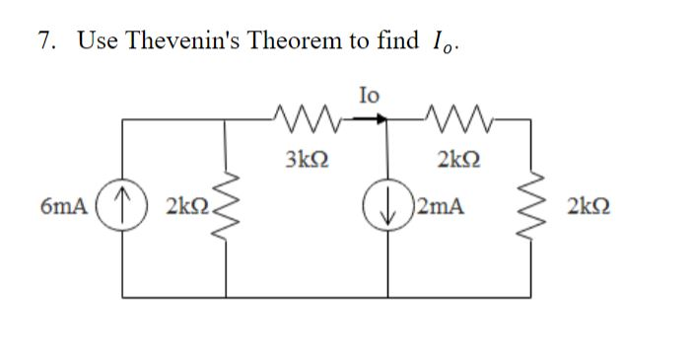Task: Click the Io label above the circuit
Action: pyautogui.click(x=369, y=94)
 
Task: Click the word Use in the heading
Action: pyautogui.click(x=97, y=40)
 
